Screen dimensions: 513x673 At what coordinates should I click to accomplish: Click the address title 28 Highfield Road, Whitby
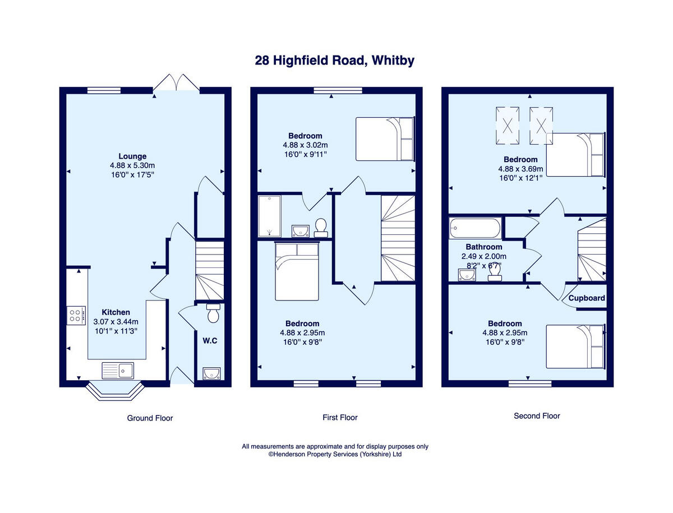pyautogui.click(x=335, y=61)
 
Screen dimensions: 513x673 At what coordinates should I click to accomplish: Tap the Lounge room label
pyautogui.click(x=132, y=156)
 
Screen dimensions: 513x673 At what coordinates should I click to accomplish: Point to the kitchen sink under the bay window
pyautogui.click(x=118, y=370)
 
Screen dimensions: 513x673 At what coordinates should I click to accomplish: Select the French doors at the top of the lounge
pyautogui.click(x=177, y=83)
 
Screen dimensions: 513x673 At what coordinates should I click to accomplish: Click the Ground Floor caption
pyautogui.click(x=150, y=418)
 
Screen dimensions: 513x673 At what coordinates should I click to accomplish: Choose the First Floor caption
pyautogui.click(x=340, y=417)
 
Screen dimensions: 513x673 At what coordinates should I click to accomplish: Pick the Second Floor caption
pyautogui.click(x=537, y=416)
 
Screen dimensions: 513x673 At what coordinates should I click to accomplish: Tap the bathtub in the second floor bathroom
pyautogui.click(x=474, y=228)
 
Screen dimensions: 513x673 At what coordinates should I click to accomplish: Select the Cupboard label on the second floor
pyautogui.click(x=587, y=298)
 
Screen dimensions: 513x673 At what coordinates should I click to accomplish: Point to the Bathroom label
pyautogui.click(x=484, y=247)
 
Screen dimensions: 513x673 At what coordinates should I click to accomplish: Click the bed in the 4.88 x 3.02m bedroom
pyautogui.click(x=385, y=138)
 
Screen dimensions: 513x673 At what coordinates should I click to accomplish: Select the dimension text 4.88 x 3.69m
pyautogui.click(x=521, y=168)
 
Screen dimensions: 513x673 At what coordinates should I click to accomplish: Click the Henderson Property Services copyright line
pyautogui.click(x=335, y=455)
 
